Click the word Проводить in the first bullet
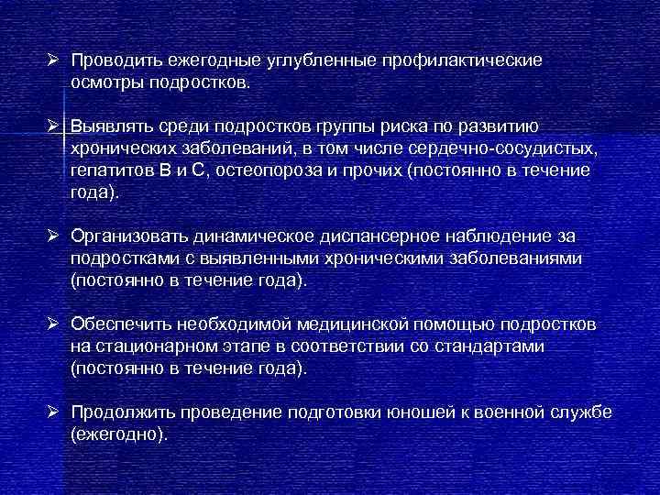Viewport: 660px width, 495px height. [x=115, y=60]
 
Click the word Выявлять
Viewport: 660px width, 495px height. [x=112, y=126]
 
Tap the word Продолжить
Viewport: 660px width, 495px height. [x=122, y=413]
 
